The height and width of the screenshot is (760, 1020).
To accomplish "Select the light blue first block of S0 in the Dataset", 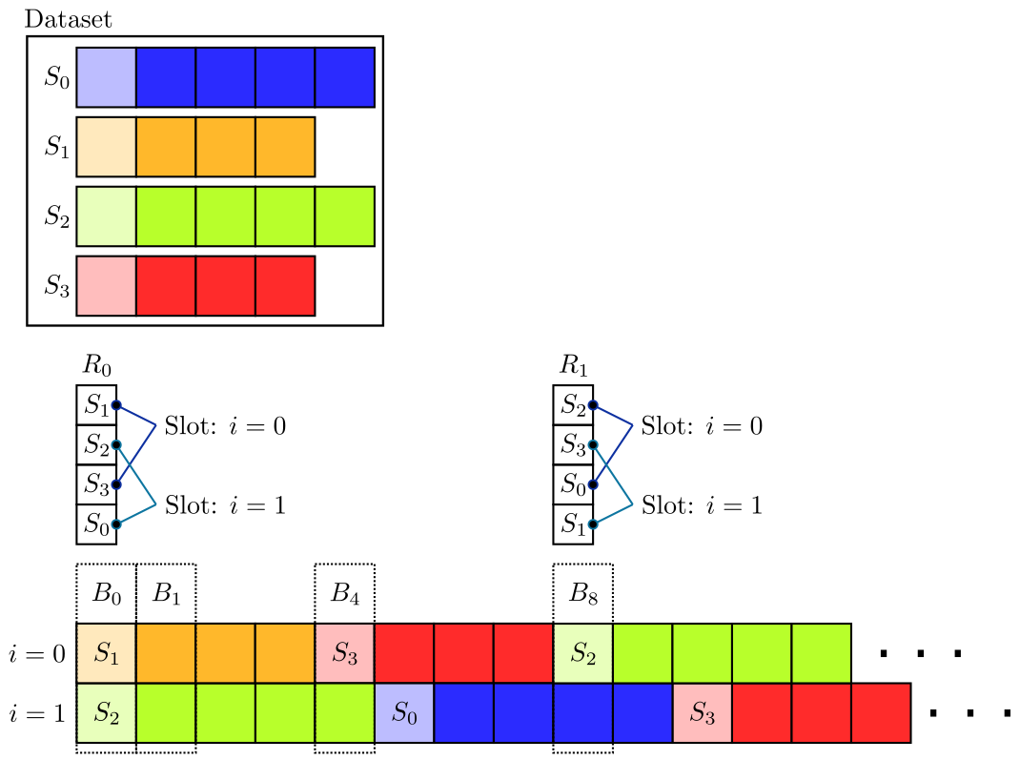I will click(106, 77).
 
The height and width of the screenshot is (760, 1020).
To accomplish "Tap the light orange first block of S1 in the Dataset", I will click(106, 147).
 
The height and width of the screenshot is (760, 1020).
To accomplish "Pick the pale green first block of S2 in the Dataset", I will click(106, 216).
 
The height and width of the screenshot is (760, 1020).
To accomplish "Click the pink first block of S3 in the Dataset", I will click(106, 285).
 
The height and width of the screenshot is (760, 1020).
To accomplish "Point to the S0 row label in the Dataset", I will click(56, 77).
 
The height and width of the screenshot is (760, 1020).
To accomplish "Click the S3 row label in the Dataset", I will click(56, 285).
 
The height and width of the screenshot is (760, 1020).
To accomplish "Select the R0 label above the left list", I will click(96, 365).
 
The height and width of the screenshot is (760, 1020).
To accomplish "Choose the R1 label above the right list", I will click(573, 365).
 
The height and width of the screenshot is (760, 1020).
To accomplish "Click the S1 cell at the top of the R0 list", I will click(96, 405).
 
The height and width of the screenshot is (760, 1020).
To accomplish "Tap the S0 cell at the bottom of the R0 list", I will click(96, 524).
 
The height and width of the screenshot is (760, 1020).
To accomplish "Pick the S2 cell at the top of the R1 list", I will click(573, 405).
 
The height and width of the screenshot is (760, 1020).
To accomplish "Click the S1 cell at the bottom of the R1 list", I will click(573, 524).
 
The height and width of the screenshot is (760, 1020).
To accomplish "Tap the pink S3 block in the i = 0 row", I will click(344, 653).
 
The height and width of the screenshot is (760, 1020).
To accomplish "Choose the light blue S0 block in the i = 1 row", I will click(404, 712).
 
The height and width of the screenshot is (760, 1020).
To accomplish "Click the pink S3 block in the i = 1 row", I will click(702, 712).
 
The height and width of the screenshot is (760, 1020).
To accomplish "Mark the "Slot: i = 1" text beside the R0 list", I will click(225, 504).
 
